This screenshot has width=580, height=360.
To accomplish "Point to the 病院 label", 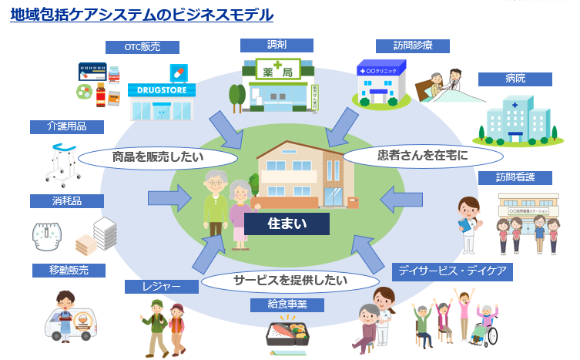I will [x=515, y=79].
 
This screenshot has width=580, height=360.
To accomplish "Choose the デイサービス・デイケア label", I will [x=452, y=271].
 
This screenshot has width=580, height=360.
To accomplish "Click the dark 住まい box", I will [x=287, y=224].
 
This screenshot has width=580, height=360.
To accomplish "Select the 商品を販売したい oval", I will [x=157, y=156].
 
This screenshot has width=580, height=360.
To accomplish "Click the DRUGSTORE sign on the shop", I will [x=162, y=89].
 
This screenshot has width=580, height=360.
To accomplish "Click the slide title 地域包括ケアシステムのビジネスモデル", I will [x=142, y=15].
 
